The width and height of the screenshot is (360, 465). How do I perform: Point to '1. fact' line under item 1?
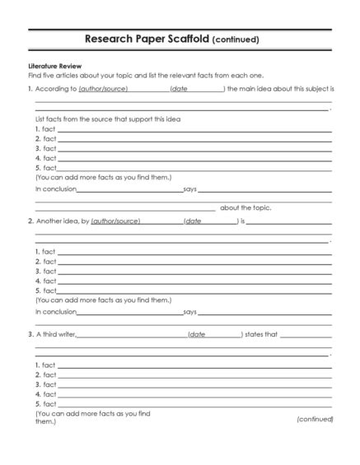45,129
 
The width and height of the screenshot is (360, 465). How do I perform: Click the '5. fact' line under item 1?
45,168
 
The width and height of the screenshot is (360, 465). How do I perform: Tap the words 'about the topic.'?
245,207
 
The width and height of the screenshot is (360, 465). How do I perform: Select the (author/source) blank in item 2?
115,221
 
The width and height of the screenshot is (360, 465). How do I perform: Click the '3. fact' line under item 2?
45,271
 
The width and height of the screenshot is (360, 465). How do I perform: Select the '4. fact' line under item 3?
45,394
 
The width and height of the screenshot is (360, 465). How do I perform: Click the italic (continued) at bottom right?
315,419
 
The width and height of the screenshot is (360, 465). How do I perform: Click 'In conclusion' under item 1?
55,188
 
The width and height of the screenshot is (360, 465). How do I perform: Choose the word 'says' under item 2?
189,312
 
